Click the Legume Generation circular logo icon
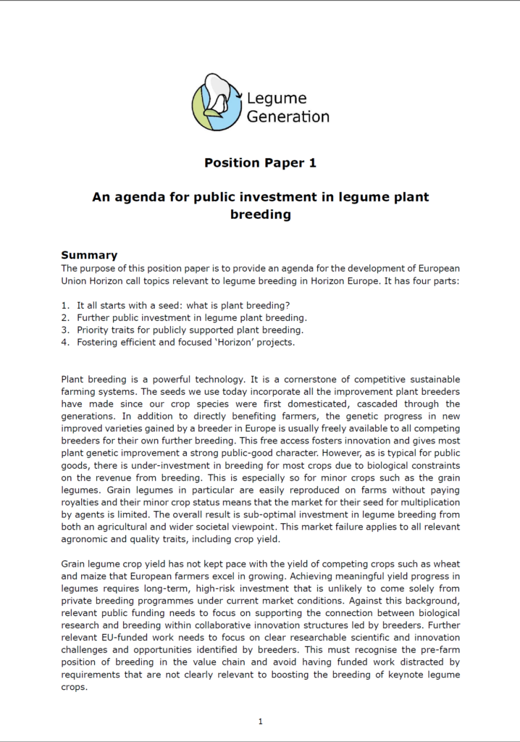[216, 102]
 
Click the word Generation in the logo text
[288, 116]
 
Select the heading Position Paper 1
[260, 163]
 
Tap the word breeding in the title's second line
[260, 214]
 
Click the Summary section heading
[89, 255]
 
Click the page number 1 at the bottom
[260, 721]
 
